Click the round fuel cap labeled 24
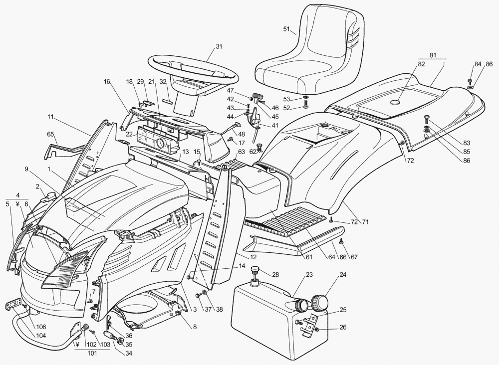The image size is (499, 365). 317,302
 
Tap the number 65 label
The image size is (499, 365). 50,134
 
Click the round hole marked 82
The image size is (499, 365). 396,102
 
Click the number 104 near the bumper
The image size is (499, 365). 41,336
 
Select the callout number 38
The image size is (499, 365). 219,309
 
